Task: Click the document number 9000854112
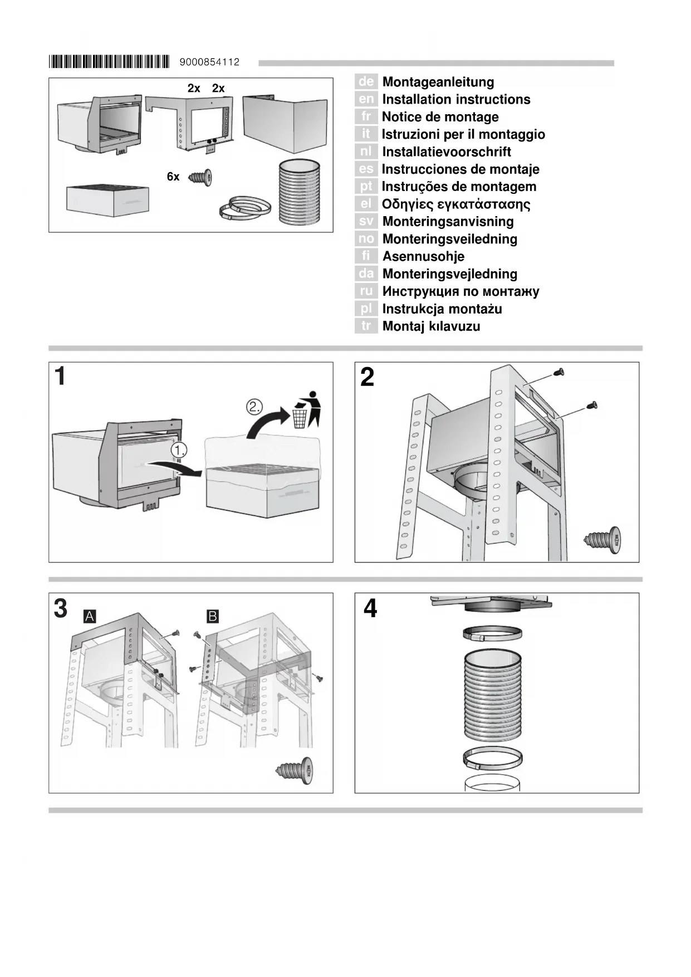coord(209,62)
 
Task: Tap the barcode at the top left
coord(109,62)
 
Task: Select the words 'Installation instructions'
coord(456,100)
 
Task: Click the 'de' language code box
coord(366,82)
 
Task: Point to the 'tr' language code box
coord(366,326)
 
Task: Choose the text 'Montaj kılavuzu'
coord(431,326)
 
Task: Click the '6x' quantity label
coord(173,177)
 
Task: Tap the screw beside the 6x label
coord(200,177)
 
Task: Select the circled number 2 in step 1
coord(254,407)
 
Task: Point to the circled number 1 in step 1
coord(179,450)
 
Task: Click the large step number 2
coord(367,378)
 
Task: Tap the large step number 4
coord(370,609)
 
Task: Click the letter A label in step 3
coord(90,617)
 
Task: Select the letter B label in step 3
coord(213,617)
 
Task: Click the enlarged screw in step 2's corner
coord(603,539)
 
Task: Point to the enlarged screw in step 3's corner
coord(295,771)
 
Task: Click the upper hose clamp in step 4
coord(492,633)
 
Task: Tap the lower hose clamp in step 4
coord(492,758)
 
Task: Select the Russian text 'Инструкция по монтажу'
coord(460,291)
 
